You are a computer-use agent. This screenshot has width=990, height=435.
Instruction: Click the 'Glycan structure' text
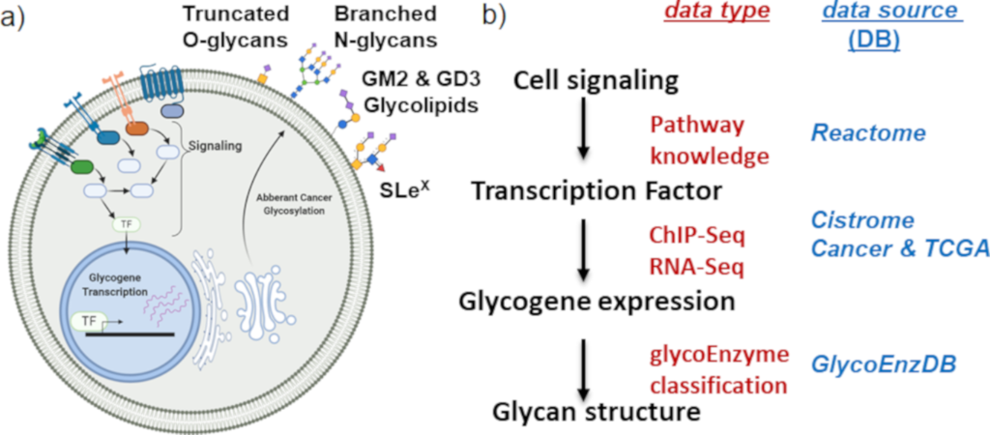596,413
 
